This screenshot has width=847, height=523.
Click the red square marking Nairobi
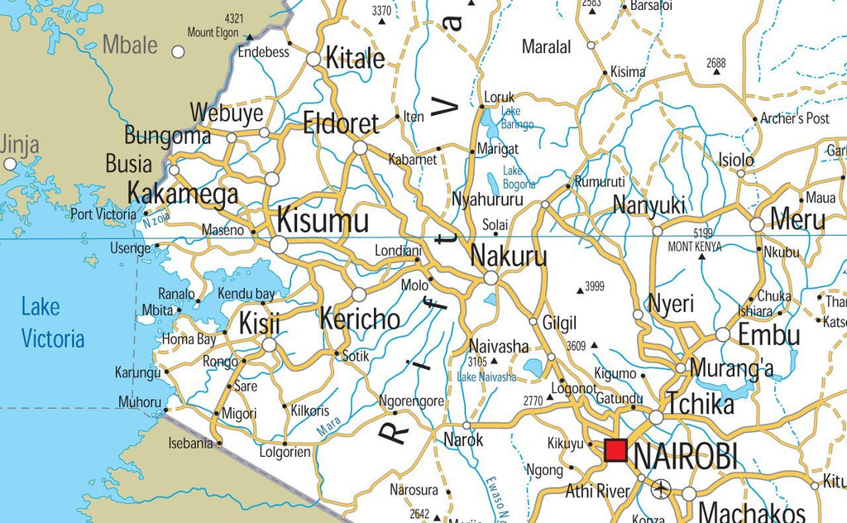pyautogui.click(x=615, y=451)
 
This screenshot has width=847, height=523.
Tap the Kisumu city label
pyautogui.click(x=323, y=221)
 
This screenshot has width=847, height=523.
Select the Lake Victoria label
pyautogui.click(x=53, y=323)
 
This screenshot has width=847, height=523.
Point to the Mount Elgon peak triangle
pyautogui.click(x=248, y=36)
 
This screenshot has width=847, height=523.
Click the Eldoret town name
pyautogui.click(x=341, y=124)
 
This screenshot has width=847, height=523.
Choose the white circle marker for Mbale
pyautogui.click(x=178, y=52)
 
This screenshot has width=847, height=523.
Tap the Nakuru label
pyautogui.click(x=509, y=257)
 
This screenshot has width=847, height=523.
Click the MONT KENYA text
pyautogui.click(x=694, y=247)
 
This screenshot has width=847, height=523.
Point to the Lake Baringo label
pyautogui.click(x=518, y=118)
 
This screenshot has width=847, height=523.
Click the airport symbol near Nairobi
pyautogui.click(x=661, y=489)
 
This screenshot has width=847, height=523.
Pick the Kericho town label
pyautogui.click(x=360, y=319)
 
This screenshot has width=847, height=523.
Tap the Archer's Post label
pyautogui.click(x=795, y=118)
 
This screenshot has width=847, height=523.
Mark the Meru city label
pyautogui.click(x=797, y=220)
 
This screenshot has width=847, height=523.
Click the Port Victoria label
pyautogui.click(x=103, y=214)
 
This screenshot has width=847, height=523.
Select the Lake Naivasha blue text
pyautogui.click(x=486, y=377)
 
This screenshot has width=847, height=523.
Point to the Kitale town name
pyautogui.click(x=356, y=59)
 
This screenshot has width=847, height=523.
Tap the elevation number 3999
pyautogui.click(x=595, y=286)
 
